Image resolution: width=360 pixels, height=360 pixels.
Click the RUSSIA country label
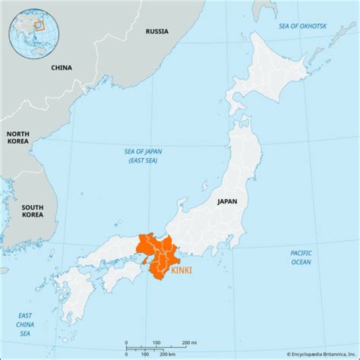coord(157,31)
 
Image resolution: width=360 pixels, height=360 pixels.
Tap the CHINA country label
coord(61,67)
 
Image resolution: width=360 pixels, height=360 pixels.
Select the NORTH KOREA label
coord(18,137)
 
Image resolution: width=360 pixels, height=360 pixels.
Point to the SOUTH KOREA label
coord(32,211)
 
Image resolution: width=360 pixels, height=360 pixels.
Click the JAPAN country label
coord(227,202)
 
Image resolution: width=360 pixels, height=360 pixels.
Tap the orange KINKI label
coord(181,270)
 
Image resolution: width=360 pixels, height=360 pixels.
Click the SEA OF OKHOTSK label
coord(302,26)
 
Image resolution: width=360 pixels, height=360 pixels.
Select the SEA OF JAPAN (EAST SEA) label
coord(143,156)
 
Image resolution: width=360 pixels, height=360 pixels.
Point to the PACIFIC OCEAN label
coord(301,257)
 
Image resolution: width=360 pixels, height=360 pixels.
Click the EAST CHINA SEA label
coord(25,324)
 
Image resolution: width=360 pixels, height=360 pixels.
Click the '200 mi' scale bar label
coord(189,342)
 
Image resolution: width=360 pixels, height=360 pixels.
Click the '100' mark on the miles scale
coord(156,342)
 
